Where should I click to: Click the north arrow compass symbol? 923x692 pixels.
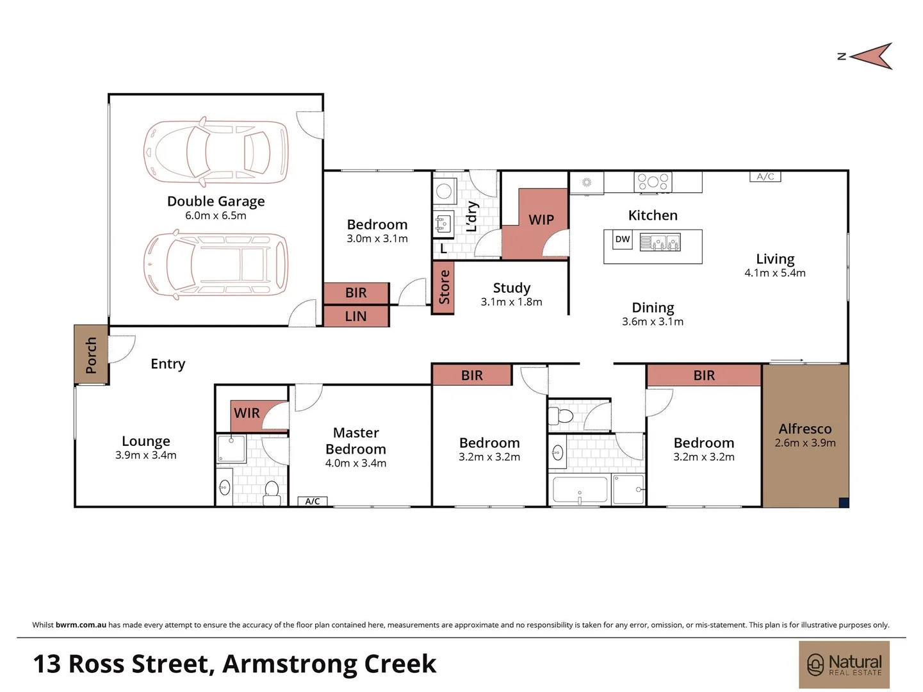pos(870,56)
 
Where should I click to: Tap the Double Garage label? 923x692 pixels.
pos(216,201)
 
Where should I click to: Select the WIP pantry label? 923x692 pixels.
pos(541,220)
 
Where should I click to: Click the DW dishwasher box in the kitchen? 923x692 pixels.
pos(622,240)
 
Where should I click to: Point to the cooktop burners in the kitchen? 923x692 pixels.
pos(653,182)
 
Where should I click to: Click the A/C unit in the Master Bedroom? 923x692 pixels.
pos(313,501)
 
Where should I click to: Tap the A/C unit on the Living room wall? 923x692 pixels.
pos(765,176)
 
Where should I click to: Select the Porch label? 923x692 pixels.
pos(91,356)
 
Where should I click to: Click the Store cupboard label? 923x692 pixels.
pos(444,287)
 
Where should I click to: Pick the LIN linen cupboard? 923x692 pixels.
pos(356,317)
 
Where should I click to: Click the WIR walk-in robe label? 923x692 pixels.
pos(247,413)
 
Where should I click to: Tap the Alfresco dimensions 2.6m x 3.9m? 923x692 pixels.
pos(805,443)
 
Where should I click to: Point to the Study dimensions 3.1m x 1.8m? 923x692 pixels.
pos(511,302)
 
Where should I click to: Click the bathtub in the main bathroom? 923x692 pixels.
pos(580,490)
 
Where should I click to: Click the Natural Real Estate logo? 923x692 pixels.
pos(844,664)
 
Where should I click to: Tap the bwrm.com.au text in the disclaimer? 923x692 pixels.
pos(81,625)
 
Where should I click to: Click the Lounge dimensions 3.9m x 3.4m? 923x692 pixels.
pos(145,455)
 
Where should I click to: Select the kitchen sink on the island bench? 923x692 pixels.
pos(660,242)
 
